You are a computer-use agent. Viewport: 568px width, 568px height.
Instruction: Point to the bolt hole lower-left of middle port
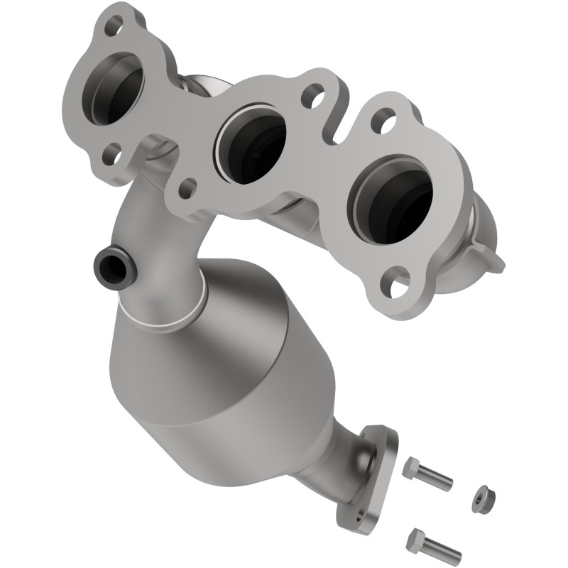click(x=186, y=188)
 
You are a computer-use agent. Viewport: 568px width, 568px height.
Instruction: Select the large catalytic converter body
click(x=213, y=369)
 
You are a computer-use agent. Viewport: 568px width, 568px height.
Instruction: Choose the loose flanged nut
click(x=483, y=499)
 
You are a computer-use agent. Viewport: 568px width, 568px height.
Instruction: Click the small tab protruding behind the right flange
click(x=491, y=256)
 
